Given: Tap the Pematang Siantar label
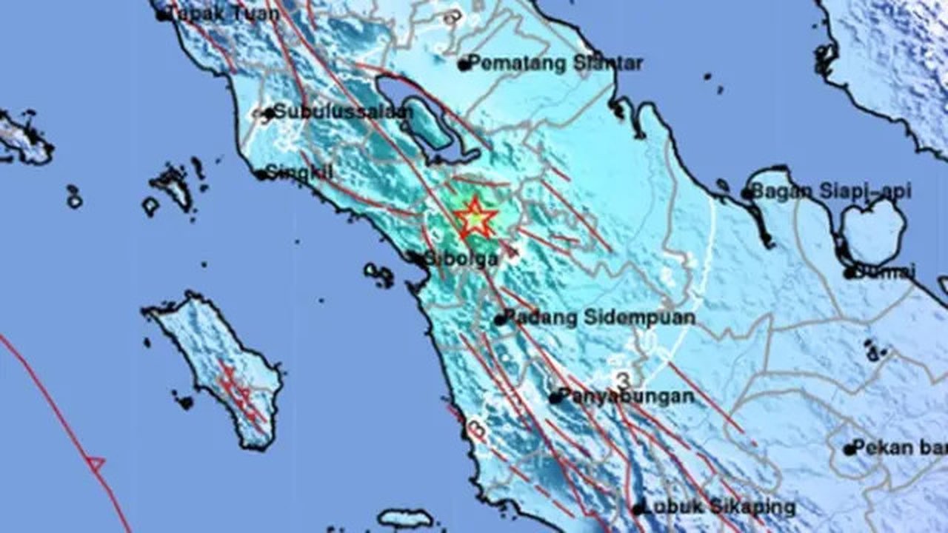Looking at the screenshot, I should point(555,64).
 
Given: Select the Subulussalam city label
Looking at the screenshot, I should point(339,113).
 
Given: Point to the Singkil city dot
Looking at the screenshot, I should point(261,175).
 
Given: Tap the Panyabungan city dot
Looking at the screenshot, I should point(555,398).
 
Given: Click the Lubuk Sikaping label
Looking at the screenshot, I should point(718,508).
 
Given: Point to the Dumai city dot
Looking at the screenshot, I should point(850,272).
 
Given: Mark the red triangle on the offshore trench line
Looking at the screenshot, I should point(95,464).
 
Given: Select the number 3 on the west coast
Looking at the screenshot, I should point(477,428).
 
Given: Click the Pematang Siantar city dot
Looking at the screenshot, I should point(464,65).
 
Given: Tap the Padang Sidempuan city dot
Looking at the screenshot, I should point(500,320).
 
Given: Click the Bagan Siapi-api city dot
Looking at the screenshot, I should point(746,194).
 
